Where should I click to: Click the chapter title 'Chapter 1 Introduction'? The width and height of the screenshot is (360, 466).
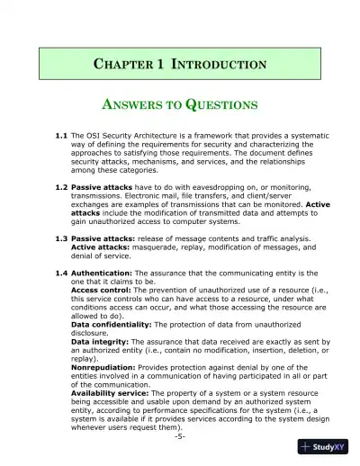(180, 65)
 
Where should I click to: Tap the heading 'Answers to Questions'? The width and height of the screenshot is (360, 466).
(180, 104)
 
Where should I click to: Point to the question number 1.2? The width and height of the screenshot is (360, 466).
(61, 187)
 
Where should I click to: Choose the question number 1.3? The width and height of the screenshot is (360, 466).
(61, 238)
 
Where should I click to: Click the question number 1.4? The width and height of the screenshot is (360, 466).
(61, 273)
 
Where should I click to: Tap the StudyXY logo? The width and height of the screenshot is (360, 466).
(323, 447)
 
